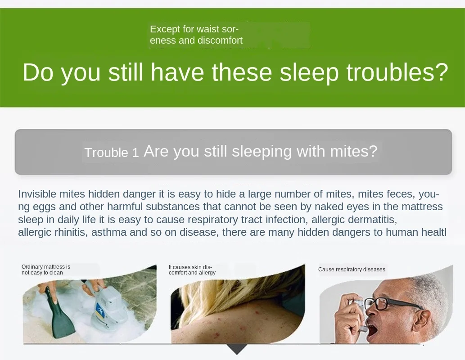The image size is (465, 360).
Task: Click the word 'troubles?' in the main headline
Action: [397, 72]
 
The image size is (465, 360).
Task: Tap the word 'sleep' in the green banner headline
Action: [309, 73]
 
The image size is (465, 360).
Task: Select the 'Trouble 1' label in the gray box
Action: [112, 153]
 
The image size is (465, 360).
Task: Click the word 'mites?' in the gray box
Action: [353, 151]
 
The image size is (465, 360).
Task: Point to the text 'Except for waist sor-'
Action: [194, 29]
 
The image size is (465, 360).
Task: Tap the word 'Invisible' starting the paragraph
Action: [37, 194]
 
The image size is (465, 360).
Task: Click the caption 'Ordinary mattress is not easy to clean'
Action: [45, 270]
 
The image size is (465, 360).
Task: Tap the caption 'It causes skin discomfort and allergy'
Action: [192, 270]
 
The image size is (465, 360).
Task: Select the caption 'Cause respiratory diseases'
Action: [352, 269]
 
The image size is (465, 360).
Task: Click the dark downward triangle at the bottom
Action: [237, 348]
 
